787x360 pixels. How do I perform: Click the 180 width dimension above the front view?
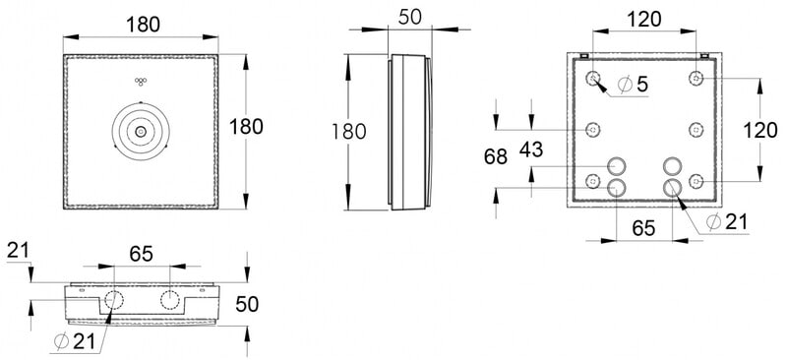(143, 25)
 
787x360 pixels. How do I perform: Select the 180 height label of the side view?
(349, 132)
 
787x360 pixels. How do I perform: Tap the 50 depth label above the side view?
(409, 17)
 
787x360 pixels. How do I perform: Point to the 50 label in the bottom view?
(247, 304)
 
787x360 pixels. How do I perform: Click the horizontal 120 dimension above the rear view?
(644, 19)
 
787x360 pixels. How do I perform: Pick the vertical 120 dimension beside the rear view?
(759, 131)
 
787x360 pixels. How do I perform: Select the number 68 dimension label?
(496, 157)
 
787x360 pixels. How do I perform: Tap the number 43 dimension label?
(531, 150)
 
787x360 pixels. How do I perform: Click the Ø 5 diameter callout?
(634, 85)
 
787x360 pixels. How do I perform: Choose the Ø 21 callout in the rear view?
(727, 222)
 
